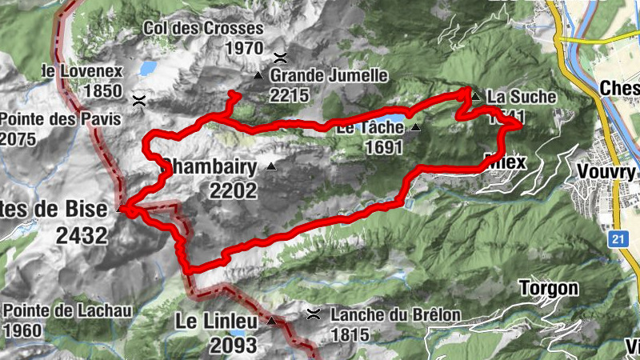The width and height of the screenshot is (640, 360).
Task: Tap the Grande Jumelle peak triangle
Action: pyautogui.click(x=258, y=76)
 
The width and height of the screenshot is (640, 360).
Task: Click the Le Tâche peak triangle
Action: pyautogui.click(x=415, y=127)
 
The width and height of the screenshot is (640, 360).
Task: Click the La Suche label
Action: pyautogui.click(x=521, y=97)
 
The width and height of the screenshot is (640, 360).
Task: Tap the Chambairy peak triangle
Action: pyautogui.click(x=270, y=167)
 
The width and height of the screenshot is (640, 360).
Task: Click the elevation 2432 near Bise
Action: pyautogui.click(x=82, y=235)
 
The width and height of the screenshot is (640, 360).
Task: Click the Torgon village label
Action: pyautogui.click(x=548, y=288)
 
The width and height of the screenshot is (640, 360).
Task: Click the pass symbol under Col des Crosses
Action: pyautogui.click(x=280, y=57)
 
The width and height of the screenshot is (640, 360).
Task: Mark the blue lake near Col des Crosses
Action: pyautogui.click(x=148, y=68)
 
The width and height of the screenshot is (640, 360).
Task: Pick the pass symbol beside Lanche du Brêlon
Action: pyautogui.click(x=314, y=313)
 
